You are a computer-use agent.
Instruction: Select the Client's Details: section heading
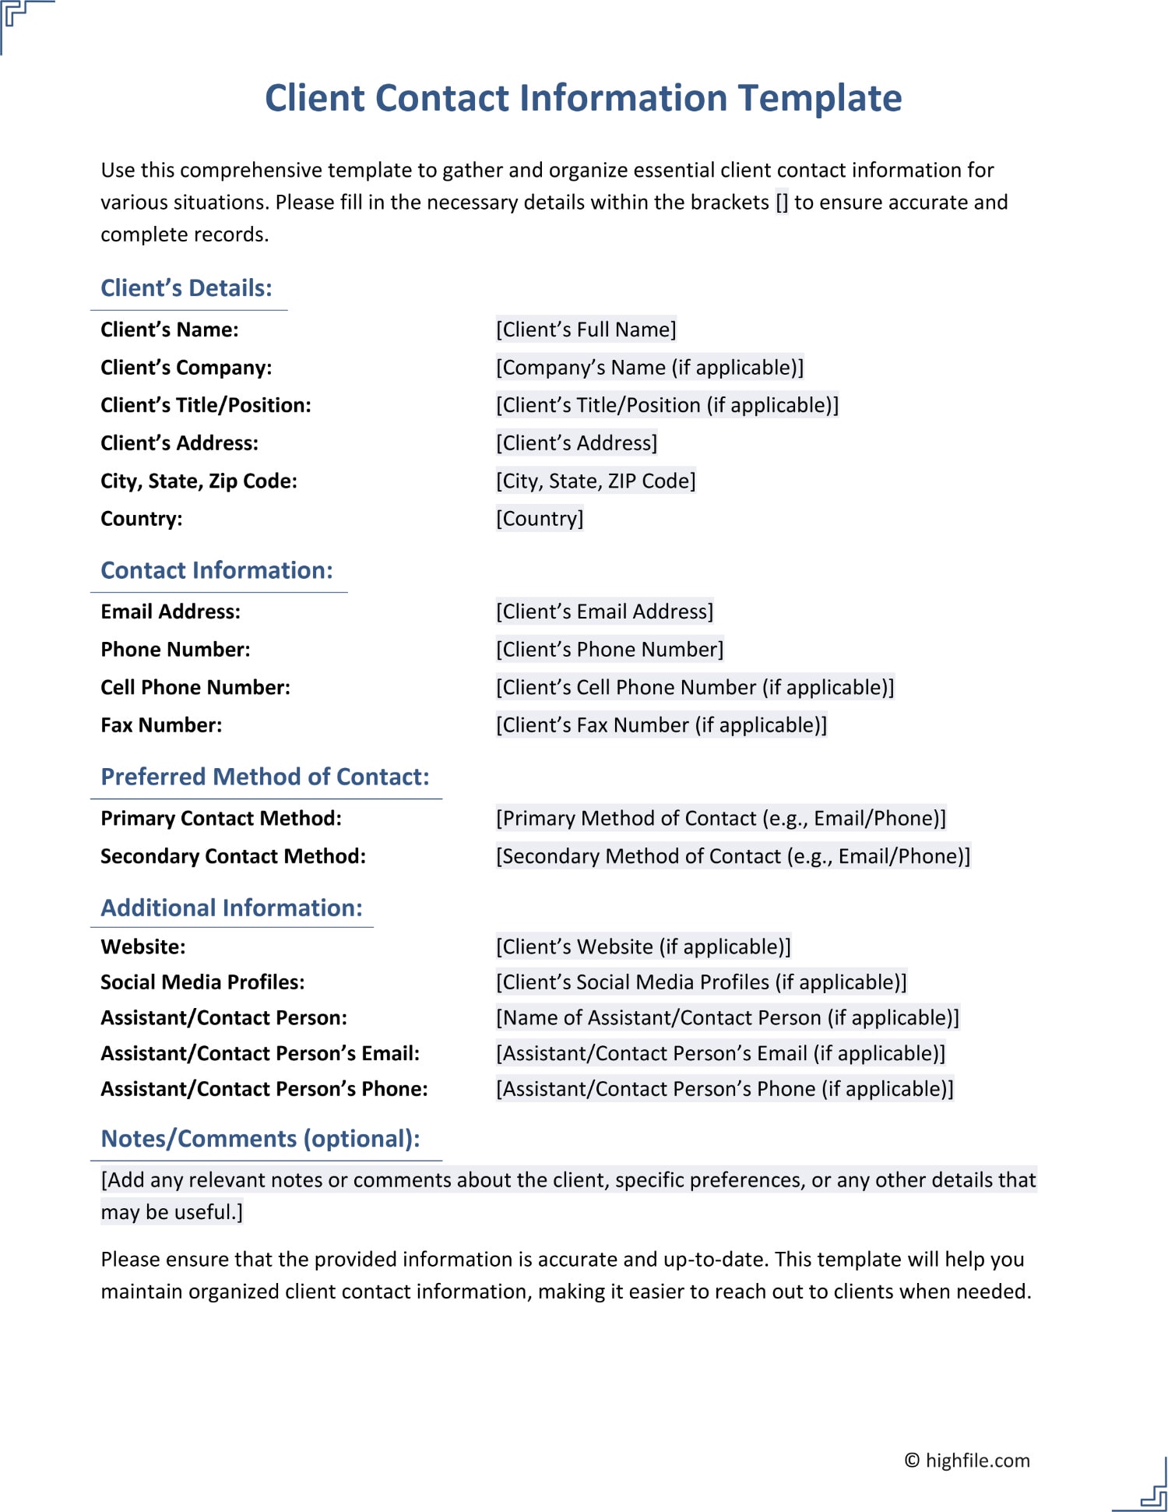click(186, 288)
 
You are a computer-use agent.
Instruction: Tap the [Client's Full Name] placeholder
click(586, 330)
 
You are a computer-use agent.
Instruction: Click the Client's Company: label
click(186, 368)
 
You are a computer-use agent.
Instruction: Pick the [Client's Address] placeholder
click(576, 443)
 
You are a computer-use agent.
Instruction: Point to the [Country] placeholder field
click(540, 519)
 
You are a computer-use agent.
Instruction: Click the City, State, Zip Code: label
click(199, 481)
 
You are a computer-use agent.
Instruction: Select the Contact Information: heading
click(216, 570)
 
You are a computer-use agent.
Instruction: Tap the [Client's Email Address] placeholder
click(604, 611)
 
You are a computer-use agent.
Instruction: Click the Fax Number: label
click(161, 725)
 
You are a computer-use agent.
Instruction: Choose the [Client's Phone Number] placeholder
click(610, 650)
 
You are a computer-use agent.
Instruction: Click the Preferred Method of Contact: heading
click(265, 777)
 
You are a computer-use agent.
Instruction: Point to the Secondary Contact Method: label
click(233, 856)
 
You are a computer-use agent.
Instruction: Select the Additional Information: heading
click(231, 908)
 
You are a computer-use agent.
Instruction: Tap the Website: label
click(143, 947)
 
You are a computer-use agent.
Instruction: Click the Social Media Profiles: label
click(202, 982)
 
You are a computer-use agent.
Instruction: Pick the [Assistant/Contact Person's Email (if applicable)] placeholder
click(720, 1053)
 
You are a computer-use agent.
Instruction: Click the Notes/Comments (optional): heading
click(260, 1139)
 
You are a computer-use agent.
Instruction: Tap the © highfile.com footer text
click(966, 1461)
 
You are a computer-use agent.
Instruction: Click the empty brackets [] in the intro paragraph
click(782, 203)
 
